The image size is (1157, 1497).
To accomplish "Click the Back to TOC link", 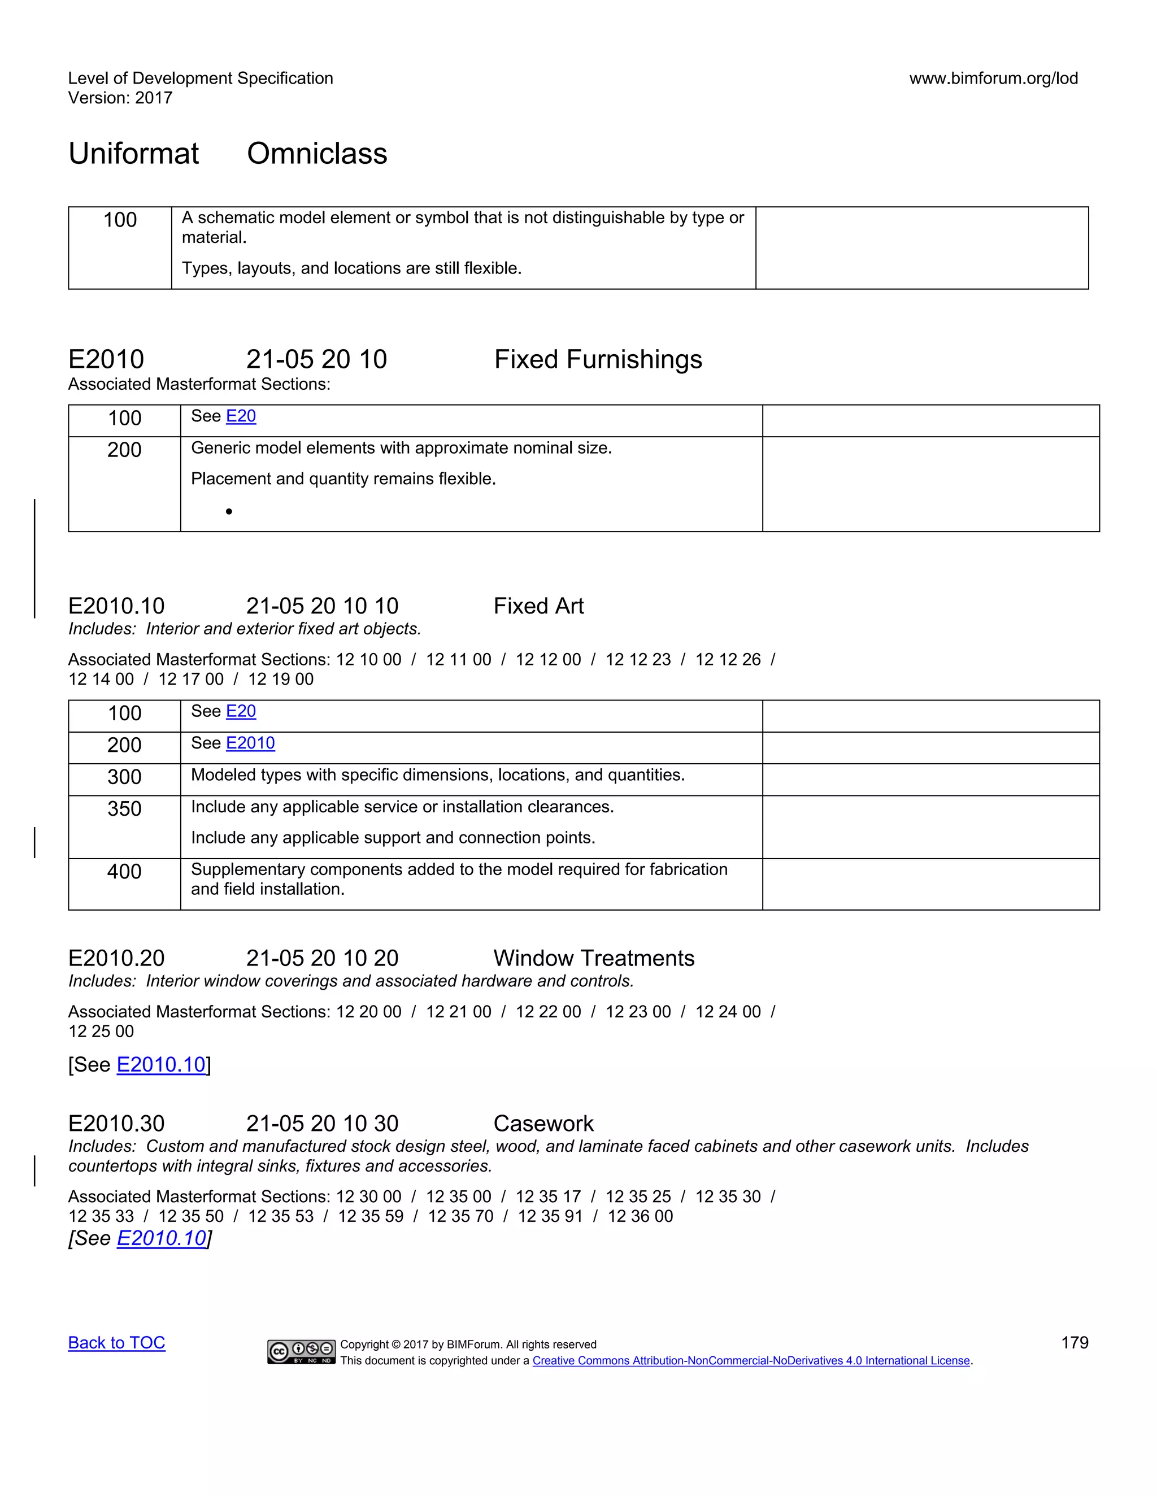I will (x=116, y=1343).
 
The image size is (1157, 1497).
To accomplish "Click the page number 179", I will (x=1074, y=1343).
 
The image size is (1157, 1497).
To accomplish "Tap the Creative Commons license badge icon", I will (x=301, y=1351).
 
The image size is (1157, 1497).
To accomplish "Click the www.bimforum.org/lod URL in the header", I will (x=993, y=78).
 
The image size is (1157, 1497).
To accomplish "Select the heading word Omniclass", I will (x=317, y=154).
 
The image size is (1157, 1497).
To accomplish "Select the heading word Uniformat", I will (x=134, y=154).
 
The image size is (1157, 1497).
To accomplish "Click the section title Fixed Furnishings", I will (x=598, y=359).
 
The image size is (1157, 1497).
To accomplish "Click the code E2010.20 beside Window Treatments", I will (x=116, y=958).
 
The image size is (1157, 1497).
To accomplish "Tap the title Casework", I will (x=543, y=1124).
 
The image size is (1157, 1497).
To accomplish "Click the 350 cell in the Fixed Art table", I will (x=124, y=809).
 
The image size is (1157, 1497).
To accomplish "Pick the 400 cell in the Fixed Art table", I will (x=124, y=872).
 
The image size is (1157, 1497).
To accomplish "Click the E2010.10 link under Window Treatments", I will (x=161, y=1064).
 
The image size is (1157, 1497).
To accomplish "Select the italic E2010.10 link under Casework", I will (x=161, y=1238).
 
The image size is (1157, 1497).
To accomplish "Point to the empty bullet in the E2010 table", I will (x=229, y=511).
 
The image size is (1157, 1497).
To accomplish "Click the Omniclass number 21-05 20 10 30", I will (x=322, y=1124).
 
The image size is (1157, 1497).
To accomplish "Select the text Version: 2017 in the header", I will (x=120, y=98).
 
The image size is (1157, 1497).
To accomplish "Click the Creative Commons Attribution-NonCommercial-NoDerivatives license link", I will (x=751, y=1361).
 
